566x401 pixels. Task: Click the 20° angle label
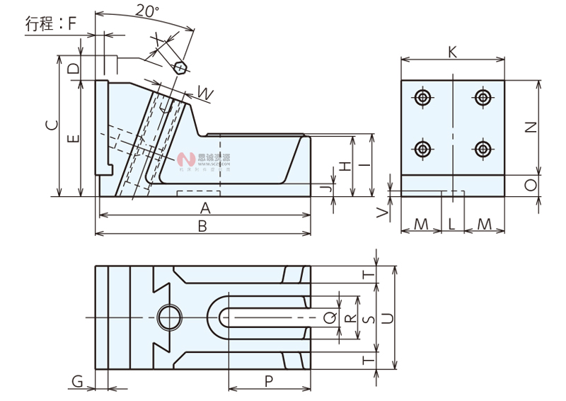coord(147,11)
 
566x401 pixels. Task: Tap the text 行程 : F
coord(50,23)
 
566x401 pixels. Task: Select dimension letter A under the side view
coord(205,208)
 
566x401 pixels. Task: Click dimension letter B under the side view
coord(202,227)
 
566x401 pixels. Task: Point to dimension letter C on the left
coord(51,126)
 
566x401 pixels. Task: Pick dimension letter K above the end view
coord(452,52)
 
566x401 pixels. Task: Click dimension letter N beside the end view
coord(532,128)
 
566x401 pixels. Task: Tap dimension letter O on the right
coord(532,185)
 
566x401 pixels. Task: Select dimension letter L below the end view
coord(452,224)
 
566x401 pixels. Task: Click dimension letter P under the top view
coord(269,381)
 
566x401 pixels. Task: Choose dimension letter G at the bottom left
coord(78,382)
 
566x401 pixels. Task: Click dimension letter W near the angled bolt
coord(204,92)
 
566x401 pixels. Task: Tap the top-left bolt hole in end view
coord(422,98)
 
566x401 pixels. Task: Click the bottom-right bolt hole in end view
coord(483,149)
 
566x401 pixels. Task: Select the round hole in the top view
coord(169,317)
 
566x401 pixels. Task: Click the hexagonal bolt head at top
coord(180,68)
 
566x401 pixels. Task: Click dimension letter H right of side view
coord(344,166)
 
